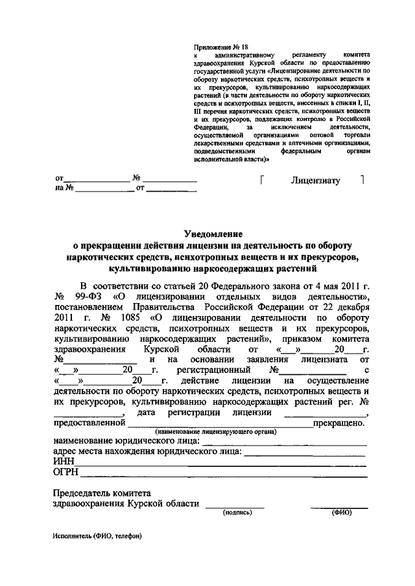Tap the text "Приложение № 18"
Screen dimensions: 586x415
pos(221,47)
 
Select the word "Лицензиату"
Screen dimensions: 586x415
pos(315,181)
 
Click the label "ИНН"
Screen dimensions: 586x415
pos(64,461)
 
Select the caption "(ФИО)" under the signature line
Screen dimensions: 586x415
pos(341,512)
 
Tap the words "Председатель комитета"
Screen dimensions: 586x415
pos(102,492)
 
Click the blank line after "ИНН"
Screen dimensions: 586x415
pos(220,464)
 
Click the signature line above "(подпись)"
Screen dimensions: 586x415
pos(235,505)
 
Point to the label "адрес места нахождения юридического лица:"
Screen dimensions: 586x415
pos(147,451)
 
